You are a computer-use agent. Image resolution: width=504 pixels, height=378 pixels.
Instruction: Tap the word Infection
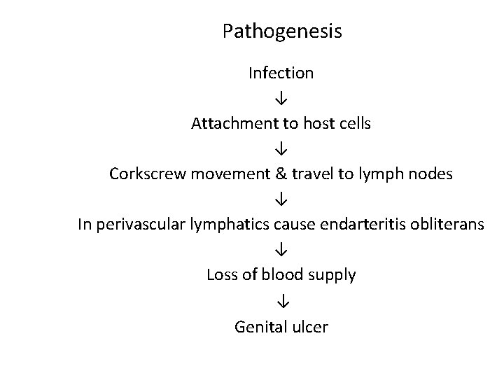(x=281, y=72)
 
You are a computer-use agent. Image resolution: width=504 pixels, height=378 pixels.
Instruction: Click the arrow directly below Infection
(x=281, y=98)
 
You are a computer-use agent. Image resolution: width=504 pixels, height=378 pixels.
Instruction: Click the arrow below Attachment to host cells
(x=281, y=149)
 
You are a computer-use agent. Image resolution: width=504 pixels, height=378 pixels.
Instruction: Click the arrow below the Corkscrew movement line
(x=281, y=199)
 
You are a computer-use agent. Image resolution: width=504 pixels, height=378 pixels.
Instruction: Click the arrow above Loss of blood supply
(x=281, y=250)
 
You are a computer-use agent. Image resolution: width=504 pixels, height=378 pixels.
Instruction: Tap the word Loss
(x=222, y=275)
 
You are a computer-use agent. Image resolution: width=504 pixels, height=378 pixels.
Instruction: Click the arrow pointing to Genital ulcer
(x=281, y=301)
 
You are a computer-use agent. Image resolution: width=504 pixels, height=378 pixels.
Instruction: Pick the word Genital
(x=260, y=326)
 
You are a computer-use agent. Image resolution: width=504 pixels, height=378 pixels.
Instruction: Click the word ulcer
(x=309, y=326)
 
